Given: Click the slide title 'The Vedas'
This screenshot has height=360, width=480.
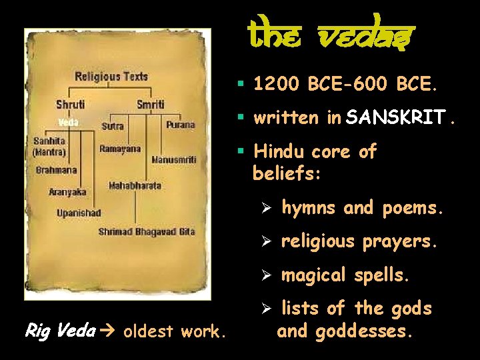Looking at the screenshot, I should (331, 31).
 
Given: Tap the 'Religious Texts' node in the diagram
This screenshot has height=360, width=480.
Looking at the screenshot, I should (111, 77).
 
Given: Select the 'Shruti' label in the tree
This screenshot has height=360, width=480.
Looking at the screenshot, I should (69, 105).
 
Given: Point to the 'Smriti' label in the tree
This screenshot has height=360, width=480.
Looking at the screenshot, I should (150, 105).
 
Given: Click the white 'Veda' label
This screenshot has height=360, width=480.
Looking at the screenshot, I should (68, 122).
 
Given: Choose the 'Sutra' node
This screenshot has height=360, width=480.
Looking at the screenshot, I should (112, 125).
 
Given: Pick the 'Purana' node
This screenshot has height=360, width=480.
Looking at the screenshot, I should (181, 125).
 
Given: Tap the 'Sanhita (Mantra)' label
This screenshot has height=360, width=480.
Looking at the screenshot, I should (50, 146).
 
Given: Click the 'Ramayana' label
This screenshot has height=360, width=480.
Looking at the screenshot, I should (120, 149).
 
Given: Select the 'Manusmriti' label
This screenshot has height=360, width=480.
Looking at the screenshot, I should (173, 159).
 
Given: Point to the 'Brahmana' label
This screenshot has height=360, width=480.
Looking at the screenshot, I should (57, 170).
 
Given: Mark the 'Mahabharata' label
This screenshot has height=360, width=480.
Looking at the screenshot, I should (135, 185).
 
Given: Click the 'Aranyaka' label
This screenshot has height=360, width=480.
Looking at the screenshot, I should (67, 192).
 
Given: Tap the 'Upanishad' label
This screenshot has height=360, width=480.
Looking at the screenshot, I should (79, 213).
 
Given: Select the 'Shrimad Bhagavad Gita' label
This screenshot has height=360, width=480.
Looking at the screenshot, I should (147, 231).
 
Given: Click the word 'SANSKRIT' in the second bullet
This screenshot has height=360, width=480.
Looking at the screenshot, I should (396, 118).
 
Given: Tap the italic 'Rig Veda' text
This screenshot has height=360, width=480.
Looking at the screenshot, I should (59, 330).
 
